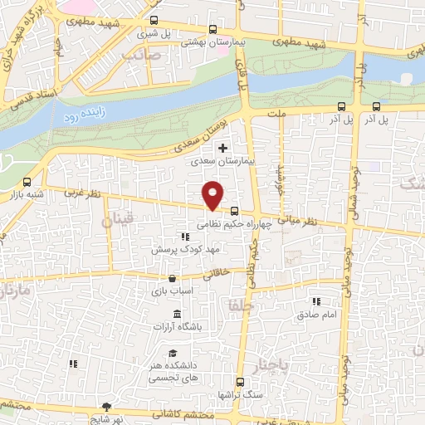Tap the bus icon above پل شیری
click(153, 21)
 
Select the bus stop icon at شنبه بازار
click(27, 182)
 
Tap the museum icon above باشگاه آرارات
click(177, 313)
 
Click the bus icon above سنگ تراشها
click(240, 383)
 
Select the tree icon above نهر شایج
click(106, 406)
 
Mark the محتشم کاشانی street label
click(188, 415)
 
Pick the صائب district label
click(139, 55)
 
